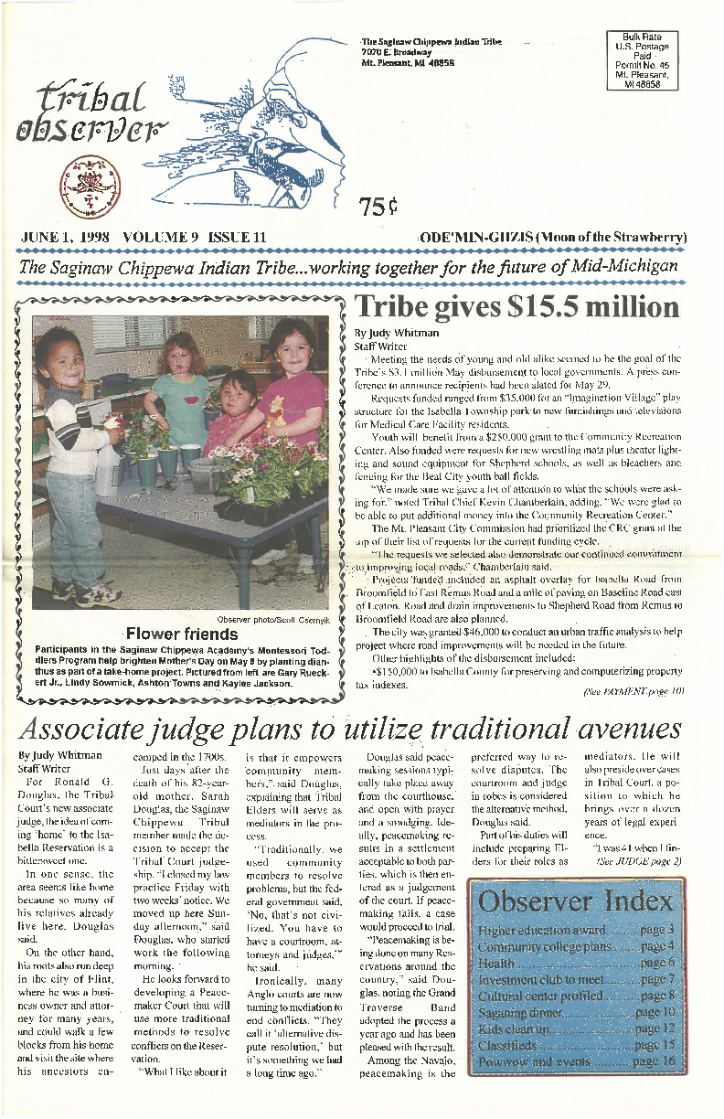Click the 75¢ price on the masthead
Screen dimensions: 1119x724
pyautogui.click(x=377, y=209)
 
